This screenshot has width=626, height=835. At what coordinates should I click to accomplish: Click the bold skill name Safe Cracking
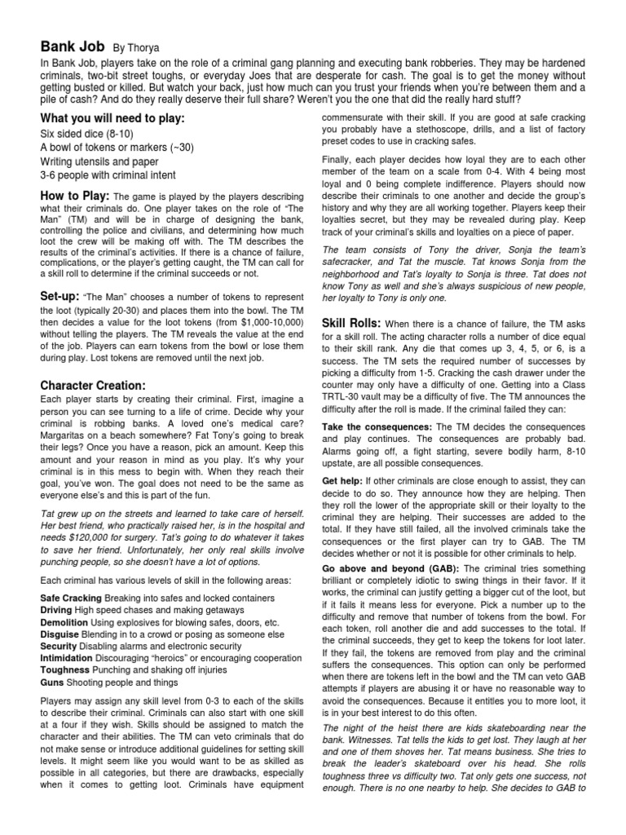click(71, 598)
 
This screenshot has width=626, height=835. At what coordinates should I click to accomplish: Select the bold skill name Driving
click(56, 610)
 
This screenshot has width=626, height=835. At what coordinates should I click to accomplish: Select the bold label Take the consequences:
click(377, 426)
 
